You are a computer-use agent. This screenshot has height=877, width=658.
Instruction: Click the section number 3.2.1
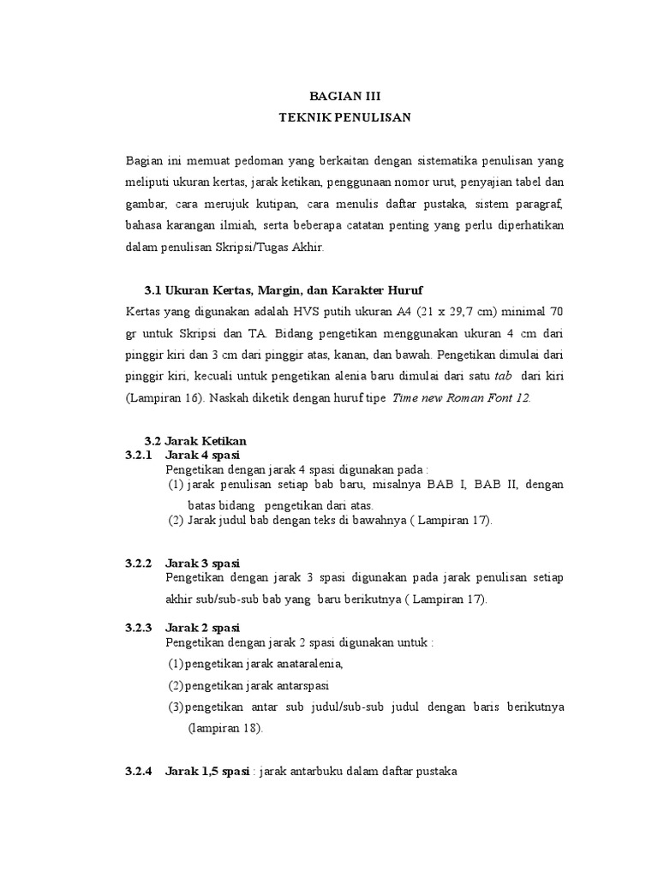pos(138,455)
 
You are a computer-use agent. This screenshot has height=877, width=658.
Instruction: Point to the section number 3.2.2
pos(138,564)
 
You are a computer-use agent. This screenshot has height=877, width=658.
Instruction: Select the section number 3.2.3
pos(138,627)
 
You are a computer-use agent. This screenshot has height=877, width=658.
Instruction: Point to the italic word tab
pos(504,376)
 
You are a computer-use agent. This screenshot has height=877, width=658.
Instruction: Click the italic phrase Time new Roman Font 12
pos(461,398)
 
